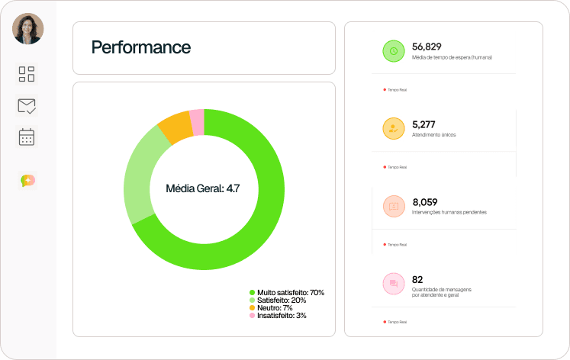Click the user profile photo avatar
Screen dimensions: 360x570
(28, 29)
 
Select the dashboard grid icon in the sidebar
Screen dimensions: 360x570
(27, 74)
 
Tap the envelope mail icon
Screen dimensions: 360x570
(27, 106)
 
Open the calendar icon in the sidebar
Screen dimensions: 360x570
(27, 137)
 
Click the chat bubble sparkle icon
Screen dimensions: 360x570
(28, 181)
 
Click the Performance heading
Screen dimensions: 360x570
(141, 47)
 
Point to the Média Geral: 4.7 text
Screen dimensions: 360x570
(203, 188)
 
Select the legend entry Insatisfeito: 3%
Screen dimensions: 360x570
(282, 315)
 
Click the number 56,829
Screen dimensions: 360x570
(427, 47)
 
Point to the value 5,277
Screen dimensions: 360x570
(423, 124)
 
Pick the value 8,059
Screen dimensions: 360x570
(425, 202)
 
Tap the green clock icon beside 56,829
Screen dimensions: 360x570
(394, 51)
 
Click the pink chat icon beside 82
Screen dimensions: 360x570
(394, 284)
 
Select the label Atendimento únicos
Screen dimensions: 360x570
(434, 135)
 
